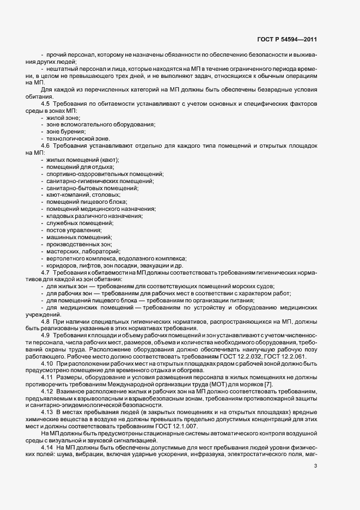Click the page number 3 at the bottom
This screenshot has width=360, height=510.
(x=315, y=465)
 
